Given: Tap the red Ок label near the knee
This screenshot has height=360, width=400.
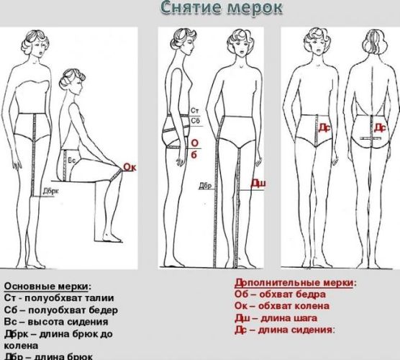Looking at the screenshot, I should [x=130, y=168].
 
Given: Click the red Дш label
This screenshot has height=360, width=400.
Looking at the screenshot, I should [x=258, y=184].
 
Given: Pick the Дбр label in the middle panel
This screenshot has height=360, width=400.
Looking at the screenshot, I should [x=206, y=185].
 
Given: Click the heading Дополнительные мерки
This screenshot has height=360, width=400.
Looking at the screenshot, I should [x=296, y=283].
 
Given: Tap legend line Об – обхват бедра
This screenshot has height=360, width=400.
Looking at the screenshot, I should [x=280, y=294].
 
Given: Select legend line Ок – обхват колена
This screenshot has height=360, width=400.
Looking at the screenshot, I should [x=281, y=306].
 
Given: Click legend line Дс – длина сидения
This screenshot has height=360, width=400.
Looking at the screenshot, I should [x=284, y=330].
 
